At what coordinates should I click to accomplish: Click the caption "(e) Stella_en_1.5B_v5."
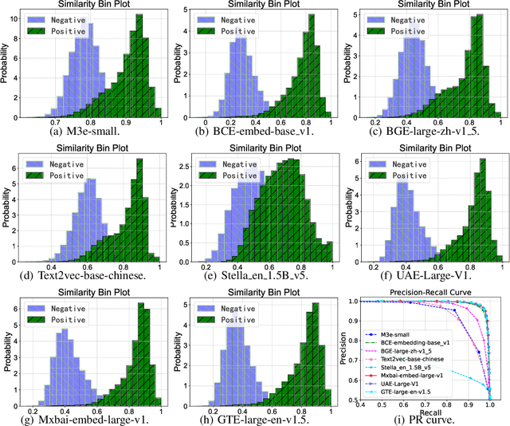[254, 278]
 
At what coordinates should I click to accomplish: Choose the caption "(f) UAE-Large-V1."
[422, 278]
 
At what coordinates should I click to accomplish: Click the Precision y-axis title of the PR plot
[343, 351]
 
